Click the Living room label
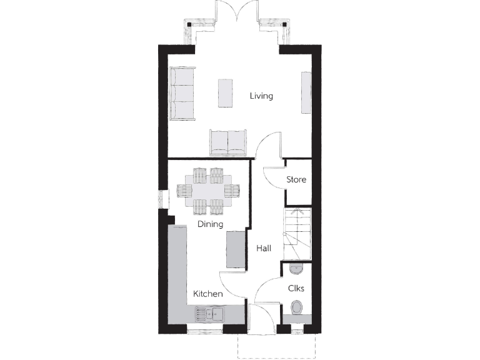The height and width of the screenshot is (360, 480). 261,96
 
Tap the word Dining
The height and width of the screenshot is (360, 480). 211,224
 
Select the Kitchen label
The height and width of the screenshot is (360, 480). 208,294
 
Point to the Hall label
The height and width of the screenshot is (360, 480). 264,248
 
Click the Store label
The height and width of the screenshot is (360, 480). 296,179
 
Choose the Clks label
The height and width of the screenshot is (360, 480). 296,288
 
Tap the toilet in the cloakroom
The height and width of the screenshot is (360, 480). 297,307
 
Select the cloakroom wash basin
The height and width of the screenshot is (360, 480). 296,269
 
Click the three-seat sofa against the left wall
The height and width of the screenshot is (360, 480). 182,93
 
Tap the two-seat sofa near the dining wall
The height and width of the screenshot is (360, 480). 228,142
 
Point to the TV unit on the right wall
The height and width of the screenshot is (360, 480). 306,93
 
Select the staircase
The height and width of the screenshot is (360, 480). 297,234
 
